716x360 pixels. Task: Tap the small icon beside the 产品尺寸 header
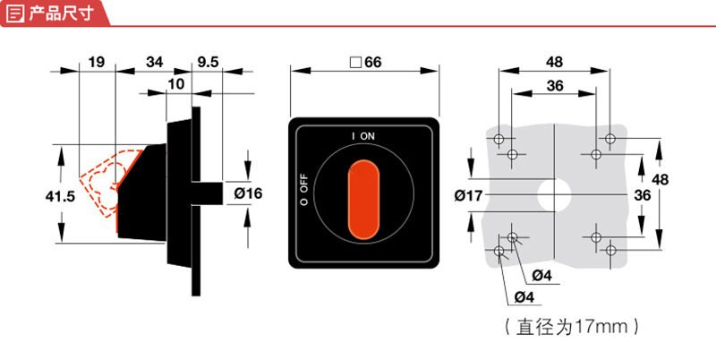[13, 13]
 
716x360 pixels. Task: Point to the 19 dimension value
[98, 62]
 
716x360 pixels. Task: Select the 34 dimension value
[154, 62]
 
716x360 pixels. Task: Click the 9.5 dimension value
[208, 62]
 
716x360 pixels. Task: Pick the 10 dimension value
[175, 83]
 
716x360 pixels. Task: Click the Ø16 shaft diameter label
[248, 193]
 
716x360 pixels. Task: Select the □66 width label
[365, 63]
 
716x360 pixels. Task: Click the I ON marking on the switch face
[363, 135]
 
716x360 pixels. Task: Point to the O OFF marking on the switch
[304, 189]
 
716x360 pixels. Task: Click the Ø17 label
[468, 193]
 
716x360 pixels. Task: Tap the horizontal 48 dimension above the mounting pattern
[554, 63]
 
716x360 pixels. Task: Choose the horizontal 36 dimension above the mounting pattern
[555, 85]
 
